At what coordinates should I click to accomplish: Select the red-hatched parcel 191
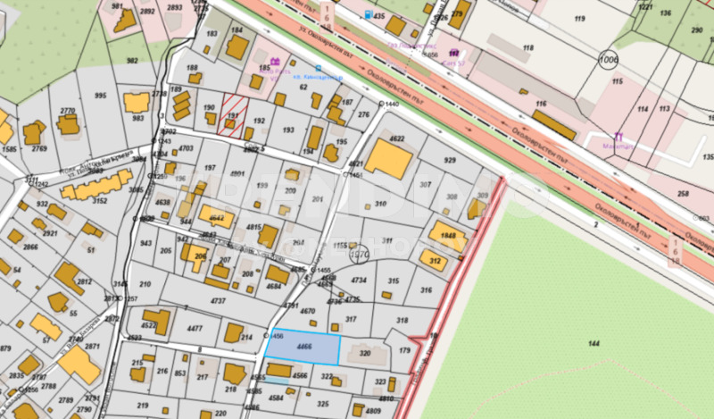232,113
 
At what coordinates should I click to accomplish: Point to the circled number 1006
609,59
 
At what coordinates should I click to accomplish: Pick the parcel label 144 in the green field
594,343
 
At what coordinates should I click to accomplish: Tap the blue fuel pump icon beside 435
369,15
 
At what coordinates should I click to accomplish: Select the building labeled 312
436,261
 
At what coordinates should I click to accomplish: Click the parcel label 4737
217,302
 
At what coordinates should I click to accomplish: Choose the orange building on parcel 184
237,46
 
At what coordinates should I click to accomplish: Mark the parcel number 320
364,354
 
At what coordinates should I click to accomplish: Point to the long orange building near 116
554,125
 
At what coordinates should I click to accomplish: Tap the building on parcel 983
137,103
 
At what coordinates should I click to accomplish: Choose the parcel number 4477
194,329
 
